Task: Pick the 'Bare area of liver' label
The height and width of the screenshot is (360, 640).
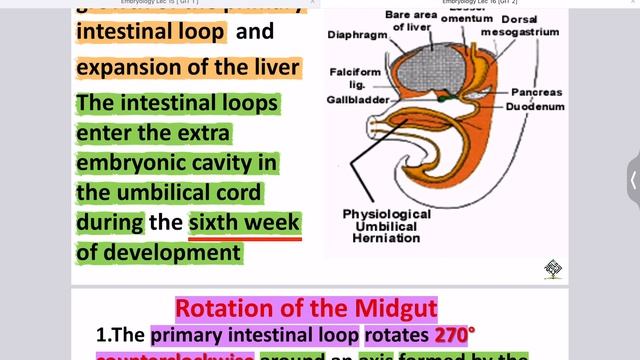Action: (412, 20)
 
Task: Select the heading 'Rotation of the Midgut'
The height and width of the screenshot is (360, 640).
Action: (306, 309)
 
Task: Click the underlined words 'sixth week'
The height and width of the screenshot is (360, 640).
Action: (245, 221)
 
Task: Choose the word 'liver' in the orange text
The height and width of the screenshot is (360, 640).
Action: (271, 68)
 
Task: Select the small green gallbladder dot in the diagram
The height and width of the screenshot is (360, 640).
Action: (441, 97)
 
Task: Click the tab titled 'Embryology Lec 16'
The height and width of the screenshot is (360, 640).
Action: (480, 4)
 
